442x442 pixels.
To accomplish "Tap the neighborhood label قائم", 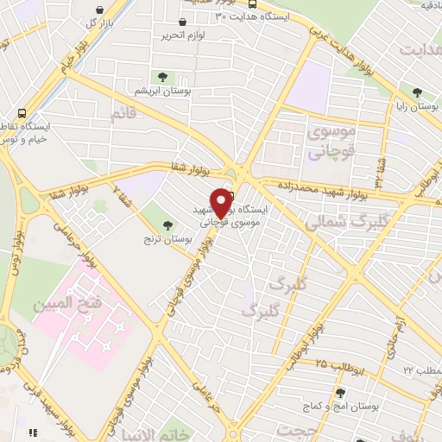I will click(123, 112).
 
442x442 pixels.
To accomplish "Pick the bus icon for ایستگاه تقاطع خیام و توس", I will click(21, 113).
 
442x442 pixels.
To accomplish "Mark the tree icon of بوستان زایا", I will click(418, 92).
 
